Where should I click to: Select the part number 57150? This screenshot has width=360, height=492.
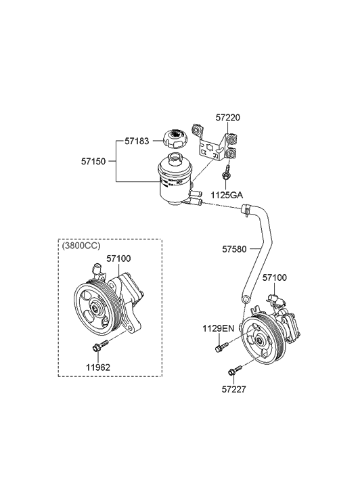(x=95, y=162)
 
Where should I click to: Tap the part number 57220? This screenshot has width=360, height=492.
(x=228, y=118)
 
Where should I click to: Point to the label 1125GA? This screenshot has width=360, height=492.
(x=226, y=195)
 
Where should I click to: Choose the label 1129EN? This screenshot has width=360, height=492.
(x=218, y=329)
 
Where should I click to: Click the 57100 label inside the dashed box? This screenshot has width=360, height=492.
(x=118, y=259)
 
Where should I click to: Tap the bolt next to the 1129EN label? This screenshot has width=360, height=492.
(x=221, y=349)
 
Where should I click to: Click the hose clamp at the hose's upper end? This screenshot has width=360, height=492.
(x=248, y=210)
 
